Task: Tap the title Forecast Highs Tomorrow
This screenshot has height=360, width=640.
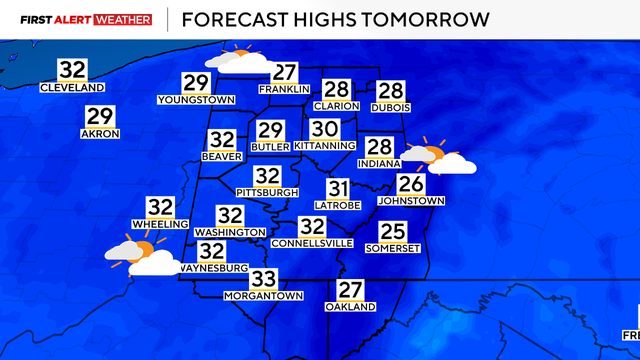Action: pyautogui.click(x=336, y=19)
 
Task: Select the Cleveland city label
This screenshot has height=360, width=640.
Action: pyautogui.click(x=72, y=88)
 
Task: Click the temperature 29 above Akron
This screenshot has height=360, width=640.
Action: pyautogui.click(x=100, y=116)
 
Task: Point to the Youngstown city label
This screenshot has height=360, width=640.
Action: pyautogui.click(x=196, y=100)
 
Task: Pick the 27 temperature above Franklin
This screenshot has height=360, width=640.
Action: pyautogui.click(x=286, y=72)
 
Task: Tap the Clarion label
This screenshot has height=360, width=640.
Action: pyautogui.click(x=336, y=105)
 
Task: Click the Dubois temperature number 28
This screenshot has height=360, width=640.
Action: pyautogui.click(x=390, y=89)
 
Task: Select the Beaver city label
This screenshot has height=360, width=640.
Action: pyautogui.click(x=222, y=157)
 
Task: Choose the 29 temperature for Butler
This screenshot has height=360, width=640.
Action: pyautogui.click(x=270, y=130)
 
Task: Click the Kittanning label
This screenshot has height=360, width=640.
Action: pyautogui.click(x=324, y=145)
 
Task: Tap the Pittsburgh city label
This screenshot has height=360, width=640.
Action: pyautogui.click(x=267, y=191)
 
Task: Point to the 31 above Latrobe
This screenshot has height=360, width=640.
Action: pyautogui.click(x=338, y=188)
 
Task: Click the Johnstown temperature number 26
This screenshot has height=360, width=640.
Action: pyautogui.click(x=411, y=183)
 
